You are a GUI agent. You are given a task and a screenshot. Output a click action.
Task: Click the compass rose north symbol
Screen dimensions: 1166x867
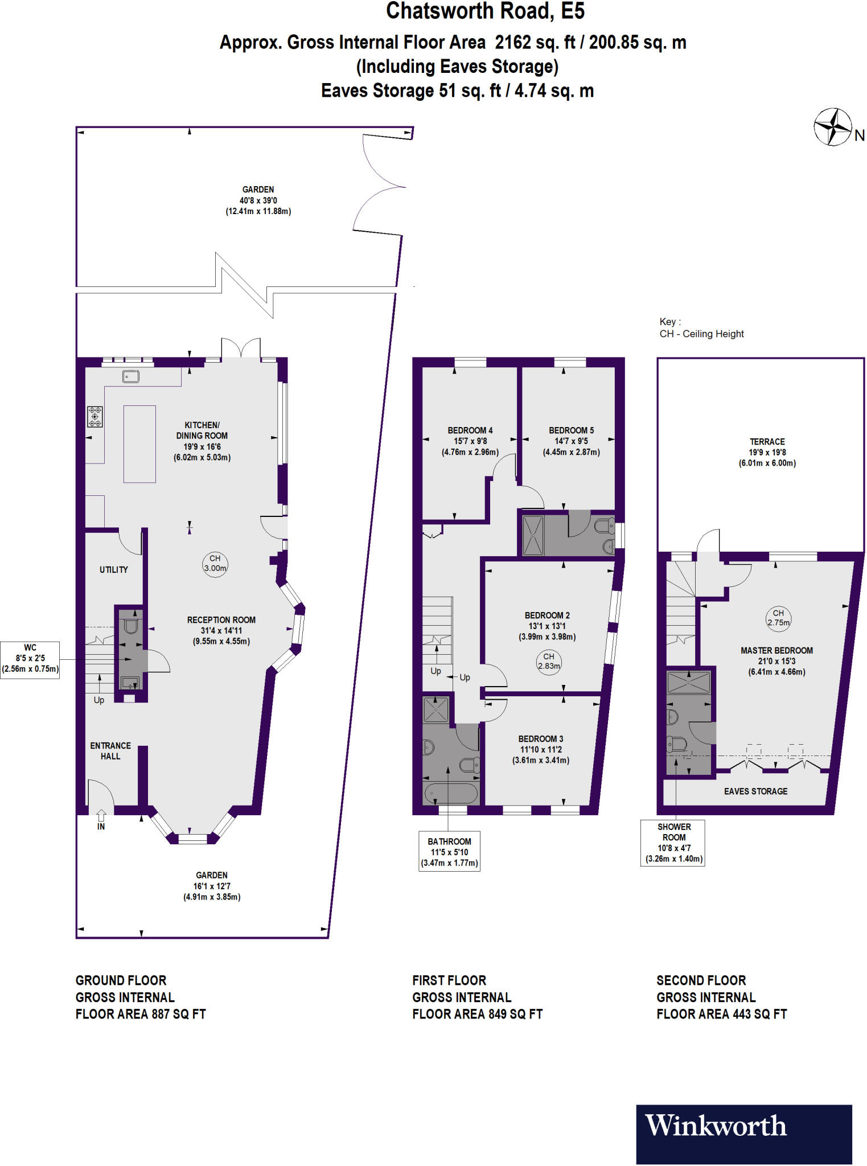(x=833, y=126)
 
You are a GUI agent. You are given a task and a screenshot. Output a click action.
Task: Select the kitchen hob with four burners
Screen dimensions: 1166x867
(x=95, y=416)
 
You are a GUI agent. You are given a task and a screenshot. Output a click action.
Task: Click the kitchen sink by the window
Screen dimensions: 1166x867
(x=131, y=376)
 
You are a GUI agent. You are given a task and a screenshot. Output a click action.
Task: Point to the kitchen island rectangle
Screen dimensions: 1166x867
(x=139, y=444)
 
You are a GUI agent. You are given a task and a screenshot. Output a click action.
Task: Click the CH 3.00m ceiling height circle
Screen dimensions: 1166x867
(x=215, y=564)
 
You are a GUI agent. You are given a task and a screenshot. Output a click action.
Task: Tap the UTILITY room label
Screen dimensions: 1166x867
(x=114, y=569)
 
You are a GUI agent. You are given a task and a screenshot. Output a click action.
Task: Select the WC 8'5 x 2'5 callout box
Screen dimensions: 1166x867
(x=30, y=659)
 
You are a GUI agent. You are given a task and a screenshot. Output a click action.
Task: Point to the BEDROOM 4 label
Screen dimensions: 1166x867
(x=470, y=430)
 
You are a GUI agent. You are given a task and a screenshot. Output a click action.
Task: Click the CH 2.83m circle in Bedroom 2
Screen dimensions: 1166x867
(x=549, y=662)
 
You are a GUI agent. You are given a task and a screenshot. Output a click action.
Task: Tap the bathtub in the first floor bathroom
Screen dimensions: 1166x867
(x=450, y=793)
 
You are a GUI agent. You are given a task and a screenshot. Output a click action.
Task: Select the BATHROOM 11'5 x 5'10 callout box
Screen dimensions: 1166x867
(x=449, y=852)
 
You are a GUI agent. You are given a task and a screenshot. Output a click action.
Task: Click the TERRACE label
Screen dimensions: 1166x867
(x=767, y=442)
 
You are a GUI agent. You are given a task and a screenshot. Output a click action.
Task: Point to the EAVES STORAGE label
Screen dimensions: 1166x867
(x=755, y=791)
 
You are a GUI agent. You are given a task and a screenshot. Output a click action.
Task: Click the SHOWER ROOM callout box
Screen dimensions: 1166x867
(x=673, y=843)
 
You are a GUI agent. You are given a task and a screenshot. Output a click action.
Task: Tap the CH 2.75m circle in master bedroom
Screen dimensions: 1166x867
(x=778, y=618)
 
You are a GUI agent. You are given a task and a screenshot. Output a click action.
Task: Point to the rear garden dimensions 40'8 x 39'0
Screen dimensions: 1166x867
(x=258, y=200)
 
